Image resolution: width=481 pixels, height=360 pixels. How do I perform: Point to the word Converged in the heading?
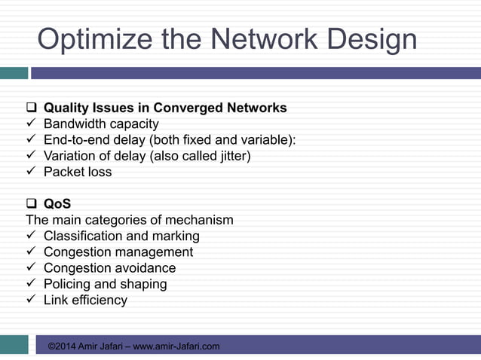click(195, 108)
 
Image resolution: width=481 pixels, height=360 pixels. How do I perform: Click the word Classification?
click(82, 236)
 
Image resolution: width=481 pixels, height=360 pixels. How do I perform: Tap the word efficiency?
click(100, 300)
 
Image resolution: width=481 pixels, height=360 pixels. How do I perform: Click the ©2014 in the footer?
click(63, 346)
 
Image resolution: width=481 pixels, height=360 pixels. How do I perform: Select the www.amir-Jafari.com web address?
click(176, 346)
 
